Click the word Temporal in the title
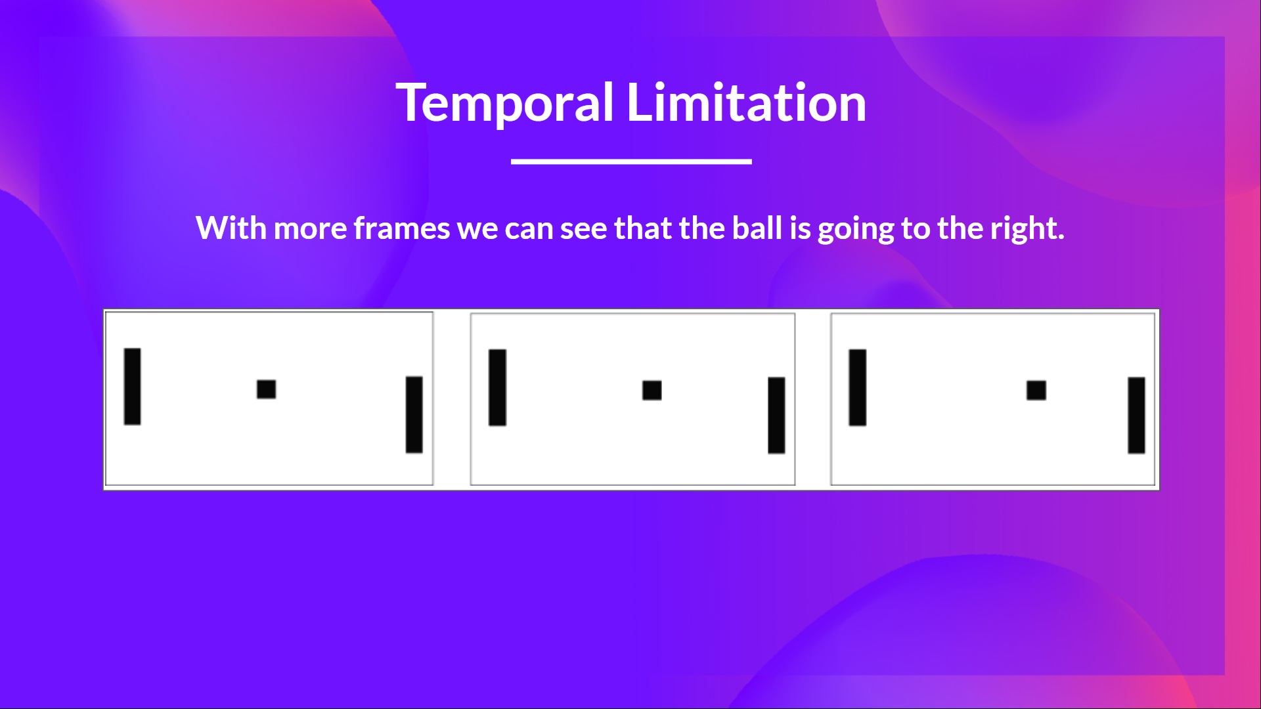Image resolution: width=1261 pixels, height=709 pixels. [505, 103]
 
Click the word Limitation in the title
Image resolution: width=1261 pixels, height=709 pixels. [746, 103]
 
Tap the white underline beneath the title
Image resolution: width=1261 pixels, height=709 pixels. [631, 161]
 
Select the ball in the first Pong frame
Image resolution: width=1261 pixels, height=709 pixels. [266, 389]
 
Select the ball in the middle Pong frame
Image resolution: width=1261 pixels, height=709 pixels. [652, 390]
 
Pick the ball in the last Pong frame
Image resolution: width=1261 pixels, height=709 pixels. [1036, 390]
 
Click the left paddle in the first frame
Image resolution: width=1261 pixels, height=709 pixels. [132, 387]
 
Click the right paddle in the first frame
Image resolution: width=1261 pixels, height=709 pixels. [414, 414]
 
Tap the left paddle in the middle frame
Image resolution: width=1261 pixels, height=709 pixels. [497, 387]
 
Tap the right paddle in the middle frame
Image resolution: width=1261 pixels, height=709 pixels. [776, 415]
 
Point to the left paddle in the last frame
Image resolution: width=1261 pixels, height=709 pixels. [857, 387]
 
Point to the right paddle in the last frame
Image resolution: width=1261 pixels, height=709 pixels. [1136, 415]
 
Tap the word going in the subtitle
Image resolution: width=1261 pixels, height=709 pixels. [855, 230]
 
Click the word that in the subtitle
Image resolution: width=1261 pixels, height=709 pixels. [643, 228]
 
